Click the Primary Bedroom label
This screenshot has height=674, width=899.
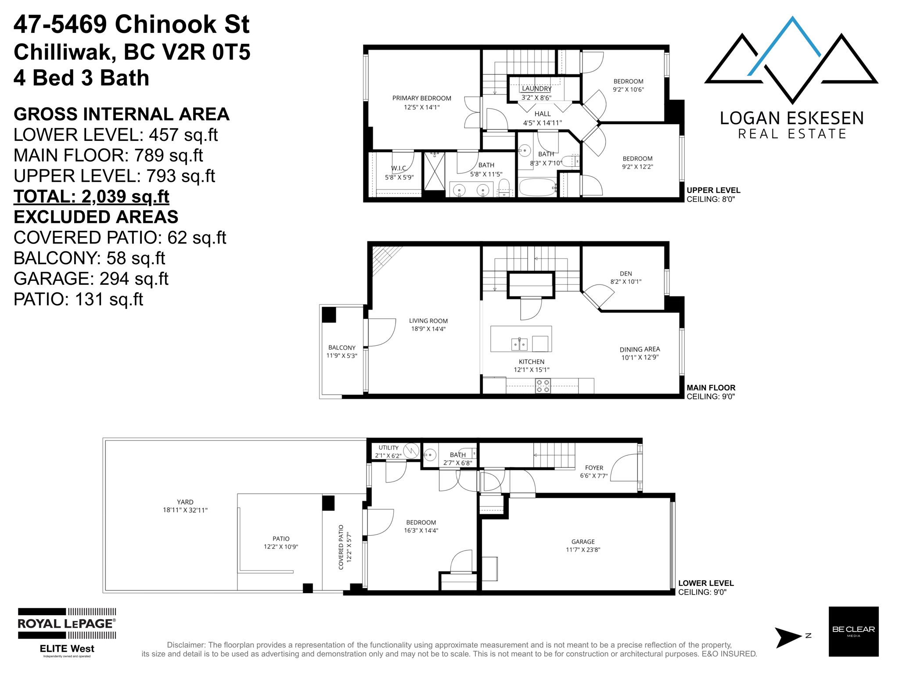[x=421, y=98]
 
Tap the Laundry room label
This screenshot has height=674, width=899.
[x=536, y=89]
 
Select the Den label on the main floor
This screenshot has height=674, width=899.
[x=626, y=273]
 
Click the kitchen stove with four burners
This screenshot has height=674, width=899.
[x=543, y=386]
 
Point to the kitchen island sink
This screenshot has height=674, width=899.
[x=520, y=344]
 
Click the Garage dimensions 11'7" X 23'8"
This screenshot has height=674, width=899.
[x=583, y=550]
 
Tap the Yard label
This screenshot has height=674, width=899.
[x=185, y=502]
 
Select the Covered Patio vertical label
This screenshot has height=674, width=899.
[x=341, y=547]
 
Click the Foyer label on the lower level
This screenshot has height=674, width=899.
[x=594, y=468]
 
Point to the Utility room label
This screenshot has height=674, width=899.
[x=388, y=448]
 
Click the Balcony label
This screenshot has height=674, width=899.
[x=342, y=348]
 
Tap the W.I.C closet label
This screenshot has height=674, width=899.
[x=399, y=168]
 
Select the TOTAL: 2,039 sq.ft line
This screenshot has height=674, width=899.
[x=91, y=197]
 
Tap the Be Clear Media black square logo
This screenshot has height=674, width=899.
[x=853, y=631]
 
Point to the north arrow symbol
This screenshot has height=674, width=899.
[x=788, y=638]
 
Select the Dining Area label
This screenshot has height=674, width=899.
[x=640, y=349]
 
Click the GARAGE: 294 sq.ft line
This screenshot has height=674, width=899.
[x=91, y=279]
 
